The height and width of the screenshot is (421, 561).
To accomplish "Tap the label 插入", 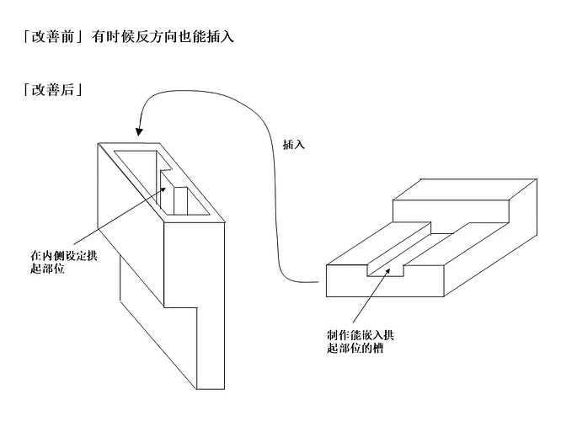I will click(294, 144).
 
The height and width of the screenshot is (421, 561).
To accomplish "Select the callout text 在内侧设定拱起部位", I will click(62, 260).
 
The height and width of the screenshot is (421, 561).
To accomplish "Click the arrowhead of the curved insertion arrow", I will click(139, 131).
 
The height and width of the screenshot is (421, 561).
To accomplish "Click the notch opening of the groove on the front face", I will click(385, 272).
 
